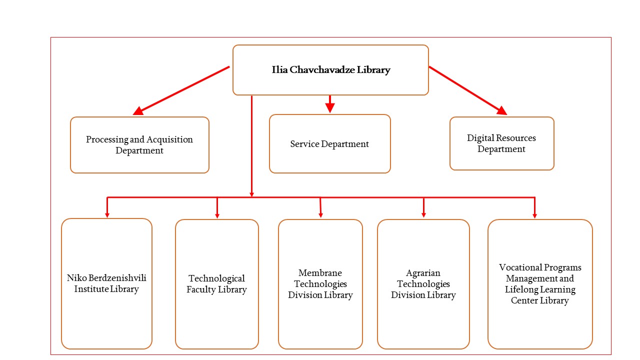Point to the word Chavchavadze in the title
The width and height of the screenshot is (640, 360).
coord(323,70)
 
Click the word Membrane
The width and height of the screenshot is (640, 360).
coord(320,273)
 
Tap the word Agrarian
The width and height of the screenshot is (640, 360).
coord(423,273)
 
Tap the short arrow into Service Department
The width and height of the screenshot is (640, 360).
coord(329,104)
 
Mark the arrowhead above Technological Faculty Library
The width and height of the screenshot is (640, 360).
coord(217,215)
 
